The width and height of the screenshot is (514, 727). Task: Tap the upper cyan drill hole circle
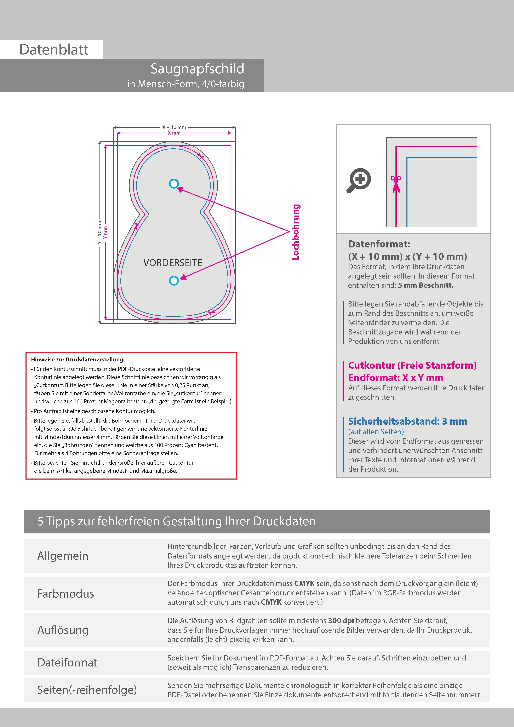(x=174, y=184)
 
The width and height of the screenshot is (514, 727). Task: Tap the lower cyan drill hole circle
(x=174, y=281)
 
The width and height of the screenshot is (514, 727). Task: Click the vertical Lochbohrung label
(x=296, y=232)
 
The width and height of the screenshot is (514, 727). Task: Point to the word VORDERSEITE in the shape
(x=173, y=263)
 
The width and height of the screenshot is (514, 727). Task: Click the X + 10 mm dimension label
(x=174, y=127)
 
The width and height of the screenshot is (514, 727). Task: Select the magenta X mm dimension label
(x=174, y=133)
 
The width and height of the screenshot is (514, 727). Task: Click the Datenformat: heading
(x=379, y=244)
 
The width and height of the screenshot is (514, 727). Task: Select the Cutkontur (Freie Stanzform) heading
(x=412, y=365)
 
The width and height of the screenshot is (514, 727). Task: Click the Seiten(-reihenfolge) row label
(x=87, y=690)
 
